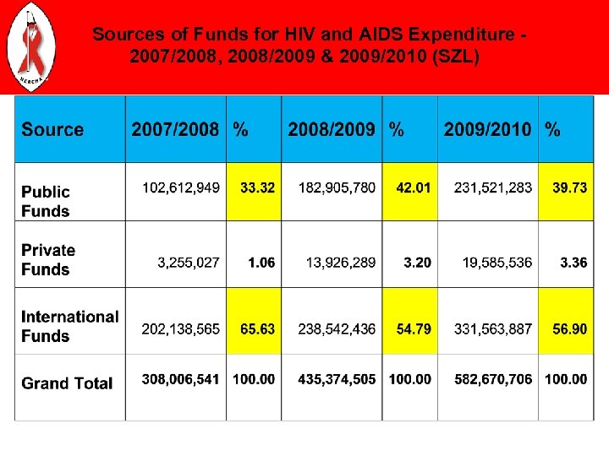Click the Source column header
click(x=52, y=130)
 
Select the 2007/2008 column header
click(x=175, y=130)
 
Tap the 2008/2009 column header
click(x=332, y=130)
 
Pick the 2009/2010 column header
click(x=488, y=130)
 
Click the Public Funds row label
click(x=46, y=202)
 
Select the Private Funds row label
click(x=48, y=260)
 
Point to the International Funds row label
click(x=69, y=326)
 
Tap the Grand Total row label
click(x=67, y=383)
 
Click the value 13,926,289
click(x=337, y=263)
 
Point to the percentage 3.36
click(x=573, y=263)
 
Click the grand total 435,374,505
click(x=337, y=380)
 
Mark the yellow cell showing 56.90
click(x=569, y=328)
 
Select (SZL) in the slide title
click(x=456, y=57)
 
